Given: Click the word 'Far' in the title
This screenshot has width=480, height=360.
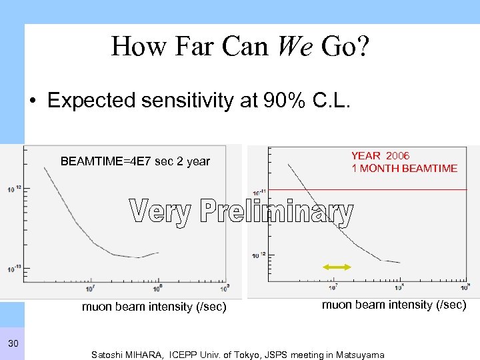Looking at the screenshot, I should (187, 47).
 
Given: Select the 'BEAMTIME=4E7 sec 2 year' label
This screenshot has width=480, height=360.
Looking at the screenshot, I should (135, 161).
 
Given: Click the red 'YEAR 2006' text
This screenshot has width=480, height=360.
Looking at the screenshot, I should (381, 155).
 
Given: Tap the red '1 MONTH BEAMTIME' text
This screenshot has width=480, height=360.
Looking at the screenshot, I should (405, 169).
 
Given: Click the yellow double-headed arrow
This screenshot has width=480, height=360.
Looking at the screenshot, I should (337, 267).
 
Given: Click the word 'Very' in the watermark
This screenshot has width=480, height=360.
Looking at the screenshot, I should (159, 213).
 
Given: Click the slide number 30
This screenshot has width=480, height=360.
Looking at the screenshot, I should (13, 343).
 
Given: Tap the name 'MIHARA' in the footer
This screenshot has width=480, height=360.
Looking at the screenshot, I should (147, 355).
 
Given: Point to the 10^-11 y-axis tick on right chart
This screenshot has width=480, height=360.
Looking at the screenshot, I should (259, 193).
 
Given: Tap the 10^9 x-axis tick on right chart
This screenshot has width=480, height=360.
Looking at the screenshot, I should (465, 288).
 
